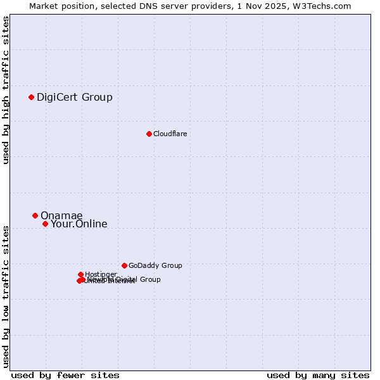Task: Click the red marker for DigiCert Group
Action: [31, 97]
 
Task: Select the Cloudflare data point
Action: [149, 134]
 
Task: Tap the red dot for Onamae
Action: [35, 215]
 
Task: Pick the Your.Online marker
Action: [45, 224]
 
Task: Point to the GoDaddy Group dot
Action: [124, 265]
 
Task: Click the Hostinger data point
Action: [80, 274]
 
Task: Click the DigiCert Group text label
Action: [74, 97]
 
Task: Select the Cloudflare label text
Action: [170, 134]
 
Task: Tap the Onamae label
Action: [61, 215]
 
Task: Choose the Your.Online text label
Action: [79, 224]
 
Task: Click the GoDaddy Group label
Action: [155, 265]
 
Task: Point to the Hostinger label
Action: [101, 274]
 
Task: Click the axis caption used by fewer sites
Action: [65, 375]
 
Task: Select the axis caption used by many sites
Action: [318, 375]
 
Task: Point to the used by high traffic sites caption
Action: [6, 91]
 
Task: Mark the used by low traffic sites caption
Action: [6, 296]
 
